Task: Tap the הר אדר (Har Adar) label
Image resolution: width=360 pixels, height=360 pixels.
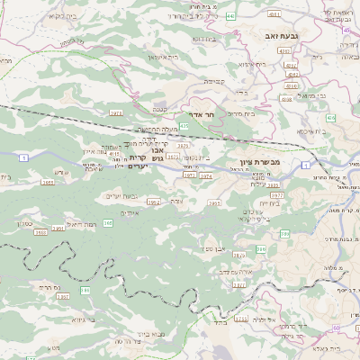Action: click(x=203, y=116)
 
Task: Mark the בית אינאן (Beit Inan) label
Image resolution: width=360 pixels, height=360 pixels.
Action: click(x=164, y=57)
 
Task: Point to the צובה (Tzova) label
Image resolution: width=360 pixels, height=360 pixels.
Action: click(x=177, y=202)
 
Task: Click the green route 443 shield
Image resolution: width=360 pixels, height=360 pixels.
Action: click(x=230, y=16)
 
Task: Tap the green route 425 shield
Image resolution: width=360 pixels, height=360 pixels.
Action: click(x=184, y=129)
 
